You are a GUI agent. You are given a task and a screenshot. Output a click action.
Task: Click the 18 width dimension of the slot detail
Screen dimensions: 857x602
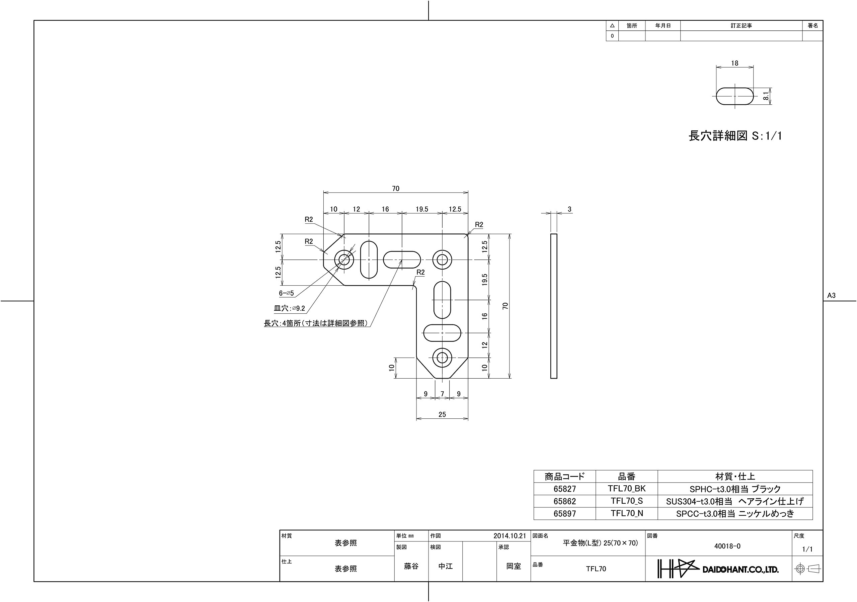coord(734,64)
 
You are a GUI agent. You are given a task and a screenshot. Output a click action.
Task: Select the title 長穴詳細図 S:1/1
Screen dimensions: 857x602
coord(735,136)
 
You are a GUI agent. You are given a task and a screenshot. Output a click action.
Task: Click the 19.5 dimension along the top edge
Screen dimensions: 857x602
coord(422,209)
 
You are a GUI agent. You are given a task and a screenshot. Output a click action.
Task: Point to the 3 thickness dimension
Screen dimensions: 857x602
coord(569,209)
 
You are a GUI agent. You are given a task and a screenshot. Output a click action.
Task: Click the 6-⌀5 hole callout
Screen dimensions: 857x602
coord(286,293)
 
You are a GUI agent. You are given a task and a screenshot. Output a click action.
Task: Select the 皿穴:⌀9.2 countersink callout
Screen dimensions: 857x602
coord(289,308)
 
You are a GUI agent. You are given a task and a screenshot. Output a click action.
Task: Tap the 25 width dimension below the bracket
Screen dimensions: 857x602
coord(442,414)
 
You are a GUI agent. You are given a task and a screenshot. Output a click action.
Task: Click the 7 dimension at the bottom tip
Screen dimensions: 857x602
coord(442,394)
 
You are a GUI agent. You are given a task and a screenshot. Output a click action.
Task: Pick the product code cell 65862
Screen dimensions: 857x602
coord(565,501)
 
